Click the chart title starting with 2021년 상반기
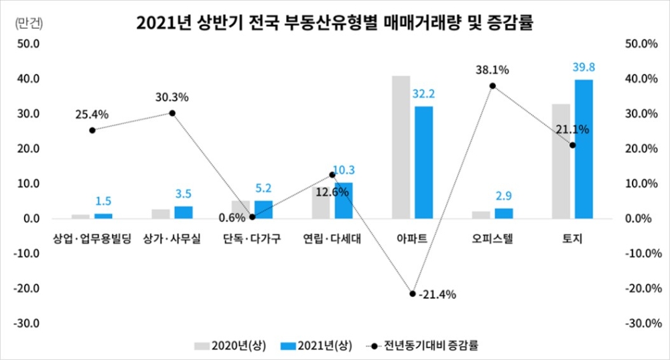[334, 23]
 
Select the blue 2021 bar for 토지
[583, 149]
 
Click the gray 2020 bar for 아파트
[401, 147]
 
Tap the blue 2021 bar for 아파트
[423, 162]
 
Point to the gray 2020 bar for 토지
[561, 161]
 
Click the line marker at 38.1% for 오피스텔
[492, 86]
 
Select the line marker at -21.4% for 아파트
[413, 294]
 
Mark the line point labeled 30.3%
[172, 113]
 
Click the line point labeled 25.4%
[92, 130]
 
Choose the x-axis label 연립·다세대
[332, 239]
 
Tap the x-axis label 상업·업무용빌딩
[92, 239]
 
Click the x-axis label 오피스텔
[492, 239]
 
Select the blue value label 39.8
[584, 67]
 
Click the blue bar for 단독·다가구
[263, 209]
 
